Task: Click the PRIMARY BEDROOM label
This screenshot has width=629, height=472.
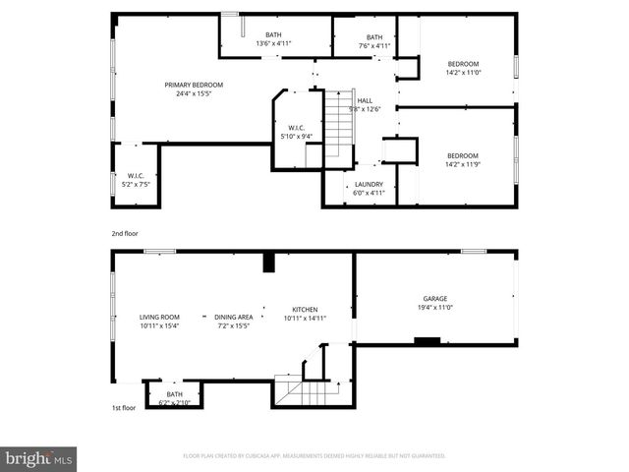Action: pyautogui.click(x=194, y=85)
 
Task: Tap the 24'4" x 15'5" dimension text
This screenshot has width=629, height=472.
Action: pyautogui.click(x=194, y=93)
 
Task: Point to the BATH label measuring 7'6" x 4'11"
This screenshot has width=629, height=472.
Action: pyautogui.click(x=373, y=37)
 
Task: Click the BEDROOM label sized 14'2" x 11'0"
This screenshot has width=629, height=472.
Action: pyautogui.click(x=462, y=63)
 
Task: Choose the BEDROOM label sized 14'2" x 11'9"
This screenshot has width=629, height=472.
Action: pyautogui.click(x=462, y=155)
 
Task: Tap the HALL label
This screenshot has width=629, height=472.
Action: pyautogui.click(x=365, y=100)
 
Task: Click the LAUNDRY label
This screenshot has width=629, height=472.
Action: pyautogui.click(x=369, y=184)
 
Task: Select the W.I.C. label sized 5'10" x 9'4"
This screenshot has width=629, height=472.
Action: pyautogui.click(x=296, y=128)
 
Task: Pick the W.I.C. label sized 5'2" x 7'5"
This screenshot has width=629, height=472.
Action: pyautogui.click(x=137, y=176)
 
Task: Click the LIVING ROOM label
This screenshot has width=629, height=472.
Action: pyautogui.click(x=159, y=317)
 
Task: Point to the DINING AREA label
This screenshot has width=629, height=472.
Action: pyautogui.click(x=234, y=317)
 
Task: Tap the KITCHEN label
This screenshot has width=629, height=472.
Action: pyautogui.click(x=304, y=309)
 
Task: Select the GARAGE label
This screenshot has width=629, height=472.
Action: pyautogui.click(x=435, y=299)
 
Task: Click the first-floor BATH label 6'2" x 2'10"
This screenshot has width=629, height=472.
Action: pyautogui.click(x=174, y=394)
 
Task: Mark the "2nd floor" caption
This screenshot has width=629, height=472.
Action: pyautogui.click(x=125, y=234)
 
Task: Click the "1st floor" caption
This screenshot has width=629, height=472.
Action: pyautogui.click(x=124, y=406)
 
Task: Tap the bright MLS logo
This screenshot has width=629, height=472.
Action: pyautogui.click(x=38, y=458)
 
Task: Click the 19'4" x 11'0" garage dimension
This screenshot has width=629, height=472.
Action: pyautogui.click(x=435, y=308)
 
